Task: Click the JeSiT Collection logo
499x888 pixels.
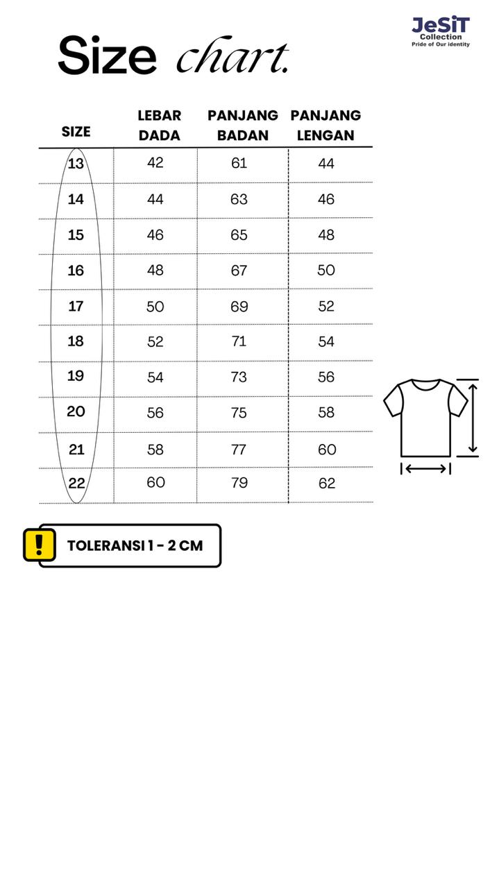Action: point(441,31)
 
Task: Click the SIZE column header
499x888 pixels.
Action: point(76,131)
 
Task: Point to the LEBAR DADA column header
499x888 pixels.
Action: point(159,125)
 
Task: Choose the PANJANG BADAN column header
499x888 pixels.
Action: point(242,125)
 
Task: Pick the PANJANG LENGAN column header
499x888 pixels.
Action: point(325,125)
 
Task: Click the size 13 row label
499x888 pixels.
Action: point(76,164)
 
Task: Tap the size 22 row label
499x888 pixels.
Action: point(76,484)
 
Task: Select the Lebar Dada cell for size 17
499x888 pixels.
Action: point(155,307)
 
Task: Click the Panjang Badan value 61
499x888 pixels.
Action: point(239,163)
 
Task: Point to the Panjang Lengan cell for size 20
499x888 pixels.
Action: point(326,413)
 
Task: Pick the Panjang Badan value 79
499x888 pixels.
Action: point(239,483)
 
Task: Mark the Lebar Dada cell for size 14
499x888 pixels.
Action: point(155,200)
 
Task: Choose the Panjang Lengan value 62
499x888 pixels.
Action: point(327,484)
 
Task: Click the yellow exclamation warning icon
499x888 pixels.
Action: point(39,545)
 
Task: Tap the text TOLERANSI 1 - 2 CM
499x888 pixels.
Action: point(135,545)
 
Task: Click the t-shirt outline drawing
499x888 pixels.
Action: point(425,416)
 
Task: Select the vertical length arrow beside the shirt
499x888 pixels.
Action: point(473,418)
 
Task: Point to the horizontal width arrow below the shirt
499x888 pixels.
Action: point(425,469)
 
